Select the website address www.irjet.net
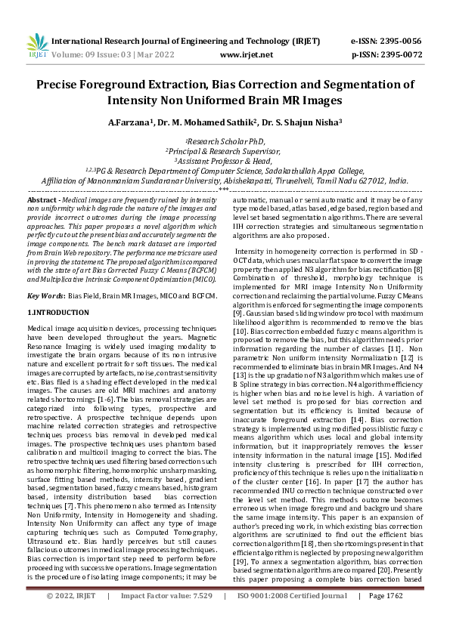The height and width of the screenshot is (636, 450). [x=245, y=54]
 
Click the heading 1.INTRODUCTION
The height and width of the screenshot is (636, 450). [x=58, y=312]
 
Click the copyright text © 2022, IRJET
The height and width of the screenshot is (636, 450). [x=73, y=616]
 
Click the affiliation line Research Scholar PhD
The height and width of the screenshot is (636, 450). [x=225, y=141]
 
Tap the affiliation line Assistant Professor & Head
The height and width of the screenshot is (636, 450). [x=225, y=161]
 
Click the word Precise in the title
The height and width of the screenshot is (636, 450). [x=65, y=84]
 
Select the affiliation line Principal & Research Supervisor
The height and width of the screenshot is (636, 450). [x=225, y=151]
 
